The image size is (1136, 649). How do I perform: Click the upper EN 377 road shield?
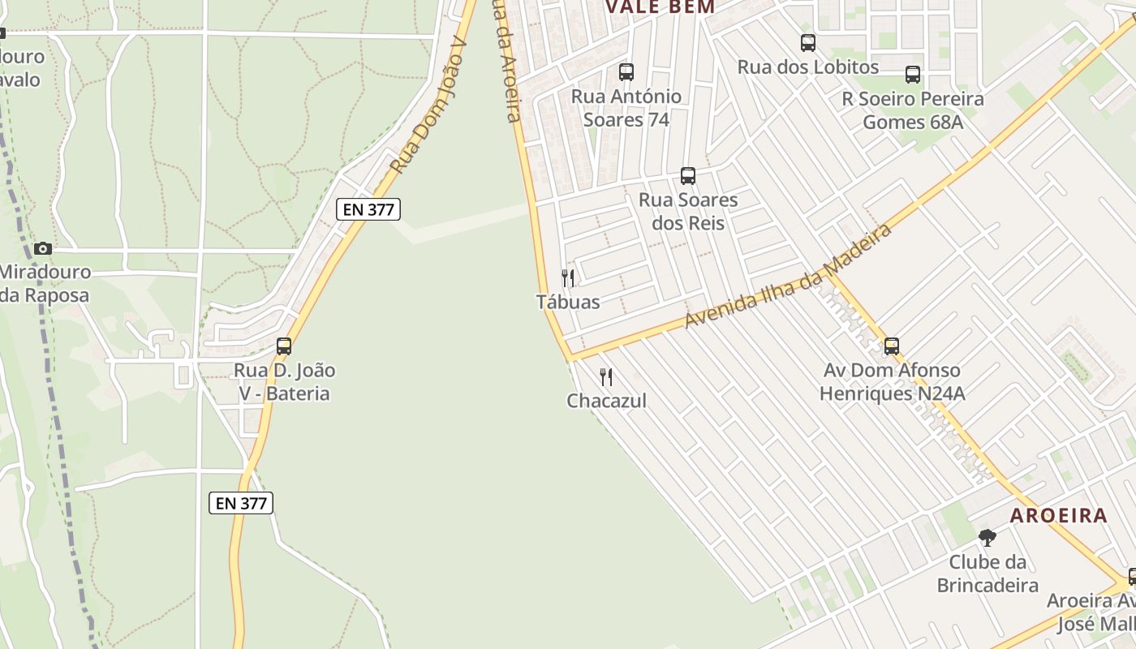368,209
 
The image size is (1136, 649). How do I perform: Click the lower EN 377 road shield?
241,503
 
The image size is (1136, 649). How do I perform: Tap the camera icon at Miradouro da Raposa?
43,248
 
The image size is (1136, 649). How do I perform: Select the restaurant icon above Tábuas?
568,278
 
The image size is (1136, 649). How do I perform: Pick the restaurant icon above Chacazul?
606,377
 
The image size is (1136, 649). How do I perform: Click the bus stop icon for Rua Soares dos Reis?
688,175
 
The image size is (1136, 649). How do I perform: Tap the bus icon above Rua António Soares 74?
626,71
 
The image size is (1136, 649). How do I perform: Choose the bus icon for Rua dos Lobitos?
808,43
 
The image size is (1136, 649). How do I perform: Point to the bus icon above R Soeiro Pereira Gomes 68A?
913,75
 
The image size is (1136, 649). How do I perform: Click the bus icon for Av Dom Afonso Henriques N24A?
892,346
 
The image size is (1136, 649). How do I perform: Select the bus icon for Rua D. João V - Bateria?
284,346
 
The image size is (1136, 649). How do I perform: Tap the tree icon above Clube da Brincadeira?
988,537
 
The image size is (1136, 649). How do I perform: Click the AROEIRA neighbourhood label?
1058,515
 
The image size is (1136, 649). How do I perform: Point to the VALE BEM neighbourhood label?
661,7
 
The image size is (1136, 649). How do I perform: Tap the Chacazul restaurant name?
607,401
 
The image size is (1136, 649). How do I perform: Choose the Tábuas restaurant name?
568,302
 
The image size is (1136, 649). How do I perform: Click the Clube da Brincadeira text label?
988,573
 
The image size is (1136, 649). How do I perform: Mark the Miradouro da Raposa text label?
45,283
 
